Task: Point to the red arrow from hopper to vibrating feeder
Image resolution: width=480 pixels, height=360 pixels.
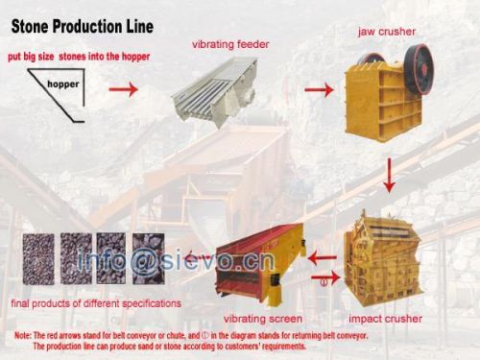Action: point(122,91)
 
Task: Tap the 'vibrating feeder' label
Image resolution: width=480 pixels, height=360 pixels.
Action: point(229,44)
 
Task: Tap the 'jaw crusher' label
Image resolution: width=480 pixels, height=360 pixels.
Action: point(386,32)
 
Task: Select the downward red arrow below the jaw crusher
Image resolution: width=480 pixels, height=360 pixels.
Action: point(389,174)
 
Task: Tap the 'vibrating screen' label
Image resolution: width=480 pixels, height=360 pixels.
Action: point(262,319)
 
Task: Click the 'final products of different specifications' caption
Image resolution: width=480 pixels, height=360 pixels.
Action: point(95,304)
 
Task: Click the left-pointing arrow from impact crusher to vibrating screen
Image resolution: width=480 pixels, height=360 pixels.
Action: point(322,256)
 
